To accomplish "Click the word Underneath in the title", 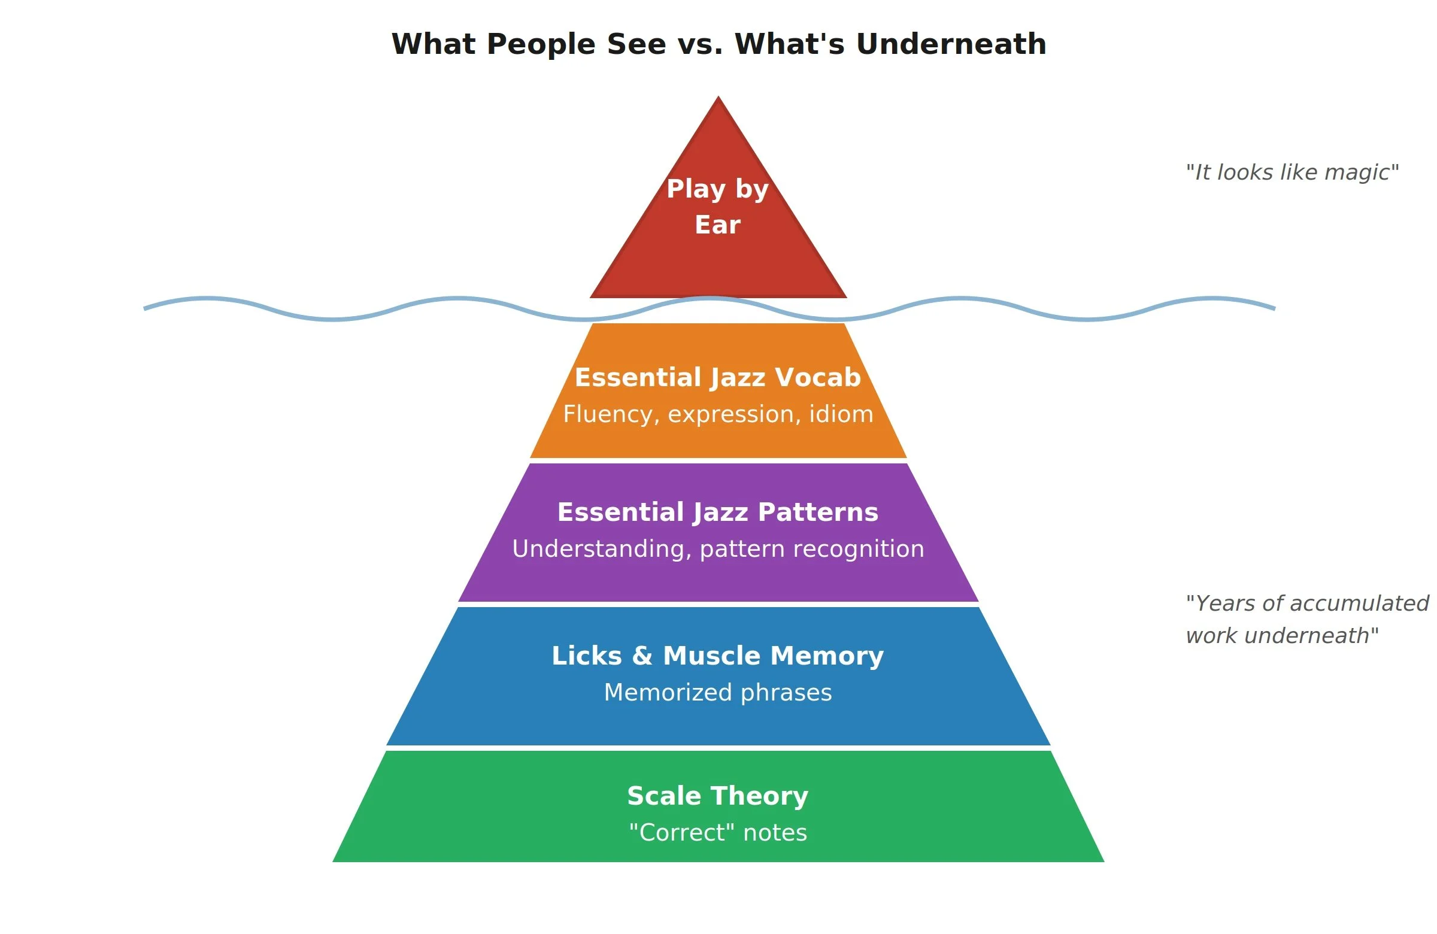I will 951,44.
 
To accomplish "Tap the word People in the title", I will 541,44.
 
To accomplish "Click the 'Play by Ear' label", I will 717,207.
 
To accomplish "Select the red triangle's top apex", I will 718,98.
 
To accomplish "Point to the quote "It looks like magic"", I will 1292,172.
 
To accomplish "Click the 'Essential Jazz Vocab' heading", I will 717,377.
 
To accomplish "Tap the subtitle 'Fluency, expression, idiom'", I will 718,414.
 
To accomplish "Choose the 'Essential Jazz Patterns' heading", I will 717,512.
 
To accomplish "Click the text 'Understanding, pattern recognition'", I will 718,549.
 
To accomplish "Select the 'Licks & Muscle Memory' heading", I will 717,656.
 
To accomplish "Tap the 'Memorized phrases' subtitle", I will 718,693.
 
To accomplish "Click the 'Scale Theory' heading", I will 717,796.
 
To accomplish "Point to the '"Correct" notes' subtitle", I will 718,833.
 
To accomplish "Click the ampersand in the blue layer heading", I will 642,656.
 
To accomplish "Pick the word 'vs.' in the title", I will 701,44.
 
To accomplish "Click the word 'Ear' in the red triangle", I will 717,225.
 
